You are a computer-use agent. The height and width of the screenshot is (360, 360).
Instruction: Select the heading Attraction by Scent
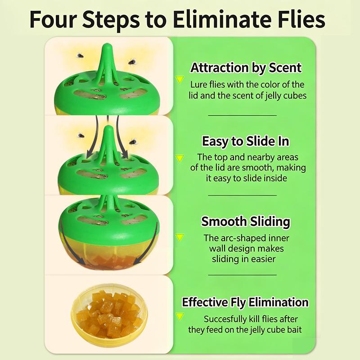(x=246, y=68)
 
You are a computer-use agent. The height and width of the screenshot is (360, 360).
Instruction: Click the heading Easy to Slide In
(x=245, y=141)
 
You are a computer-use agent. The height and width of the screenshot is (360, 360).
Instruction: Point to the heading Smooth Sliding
(x=246, y=221)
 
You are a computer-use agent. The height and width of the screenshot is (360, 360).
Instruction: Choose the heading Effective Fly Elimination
(x=245, y=302)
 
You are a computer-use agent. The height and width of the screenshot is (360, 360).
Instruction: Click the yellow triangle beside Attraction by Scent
(x=180, y=80)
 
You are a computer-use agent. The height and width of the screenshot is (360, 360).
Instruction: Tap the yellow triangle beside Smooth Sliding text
(x=180, y=238)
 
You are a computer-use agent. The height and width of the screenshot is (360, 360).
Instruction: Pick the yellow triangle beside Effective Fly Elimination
(x=180, y=317)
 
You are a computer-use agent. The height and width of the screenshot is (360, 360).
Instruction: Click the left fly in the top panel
(x=80, y=55)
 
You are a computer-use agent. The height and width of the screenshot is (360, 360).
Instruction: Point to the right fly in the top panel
(x=132, y=61)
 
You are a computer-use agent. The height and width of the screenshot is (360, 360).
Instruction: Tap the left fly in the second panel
(x=81, y=135)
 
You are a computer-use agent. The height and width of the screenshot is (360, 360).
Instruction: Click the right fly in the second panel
(x=133, y=142)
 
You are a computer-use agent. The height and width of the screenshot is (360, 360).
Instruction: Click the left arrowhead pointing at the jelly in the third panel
(x=80, y=261)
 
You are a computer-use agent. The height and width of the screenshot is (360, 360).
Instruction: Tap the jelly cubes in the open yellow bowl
(x=108, y=313)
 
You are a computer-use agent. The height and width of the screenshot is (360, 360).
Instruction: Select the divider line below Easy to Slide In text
(x=243, y=195)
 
